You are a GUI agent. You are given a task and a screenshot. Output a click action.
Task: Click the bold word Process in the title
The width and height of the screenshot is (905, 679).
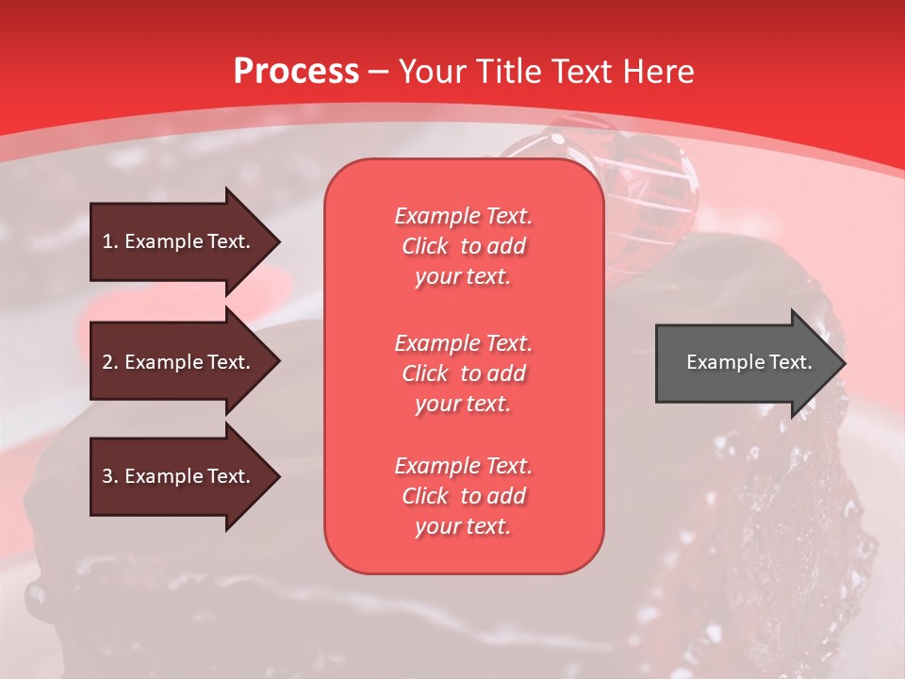(296, 72)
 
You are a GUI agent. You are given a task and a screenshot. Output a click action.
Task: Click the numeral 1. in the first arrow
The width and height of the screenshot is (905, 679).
(110, 241)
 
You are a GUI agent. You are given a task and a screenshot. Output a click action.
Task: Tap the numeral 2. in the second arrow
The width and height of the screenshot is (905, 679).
(110, 362)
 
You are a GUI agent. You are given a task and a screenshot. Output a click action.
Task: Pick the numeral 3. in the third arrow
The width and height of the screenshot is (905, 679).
(110, 476)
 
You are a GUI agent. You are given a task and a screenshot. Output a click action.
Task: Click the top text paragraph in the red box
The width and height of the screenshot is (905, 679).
(463, 246)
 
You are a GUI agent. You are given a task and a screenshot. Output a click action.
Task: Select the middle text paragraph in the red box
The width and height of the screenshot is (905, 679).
(463, 373)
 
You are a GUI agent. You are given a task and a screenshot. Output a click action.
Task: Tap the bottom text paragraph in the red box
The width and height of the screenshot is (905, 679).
(463, 496)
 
